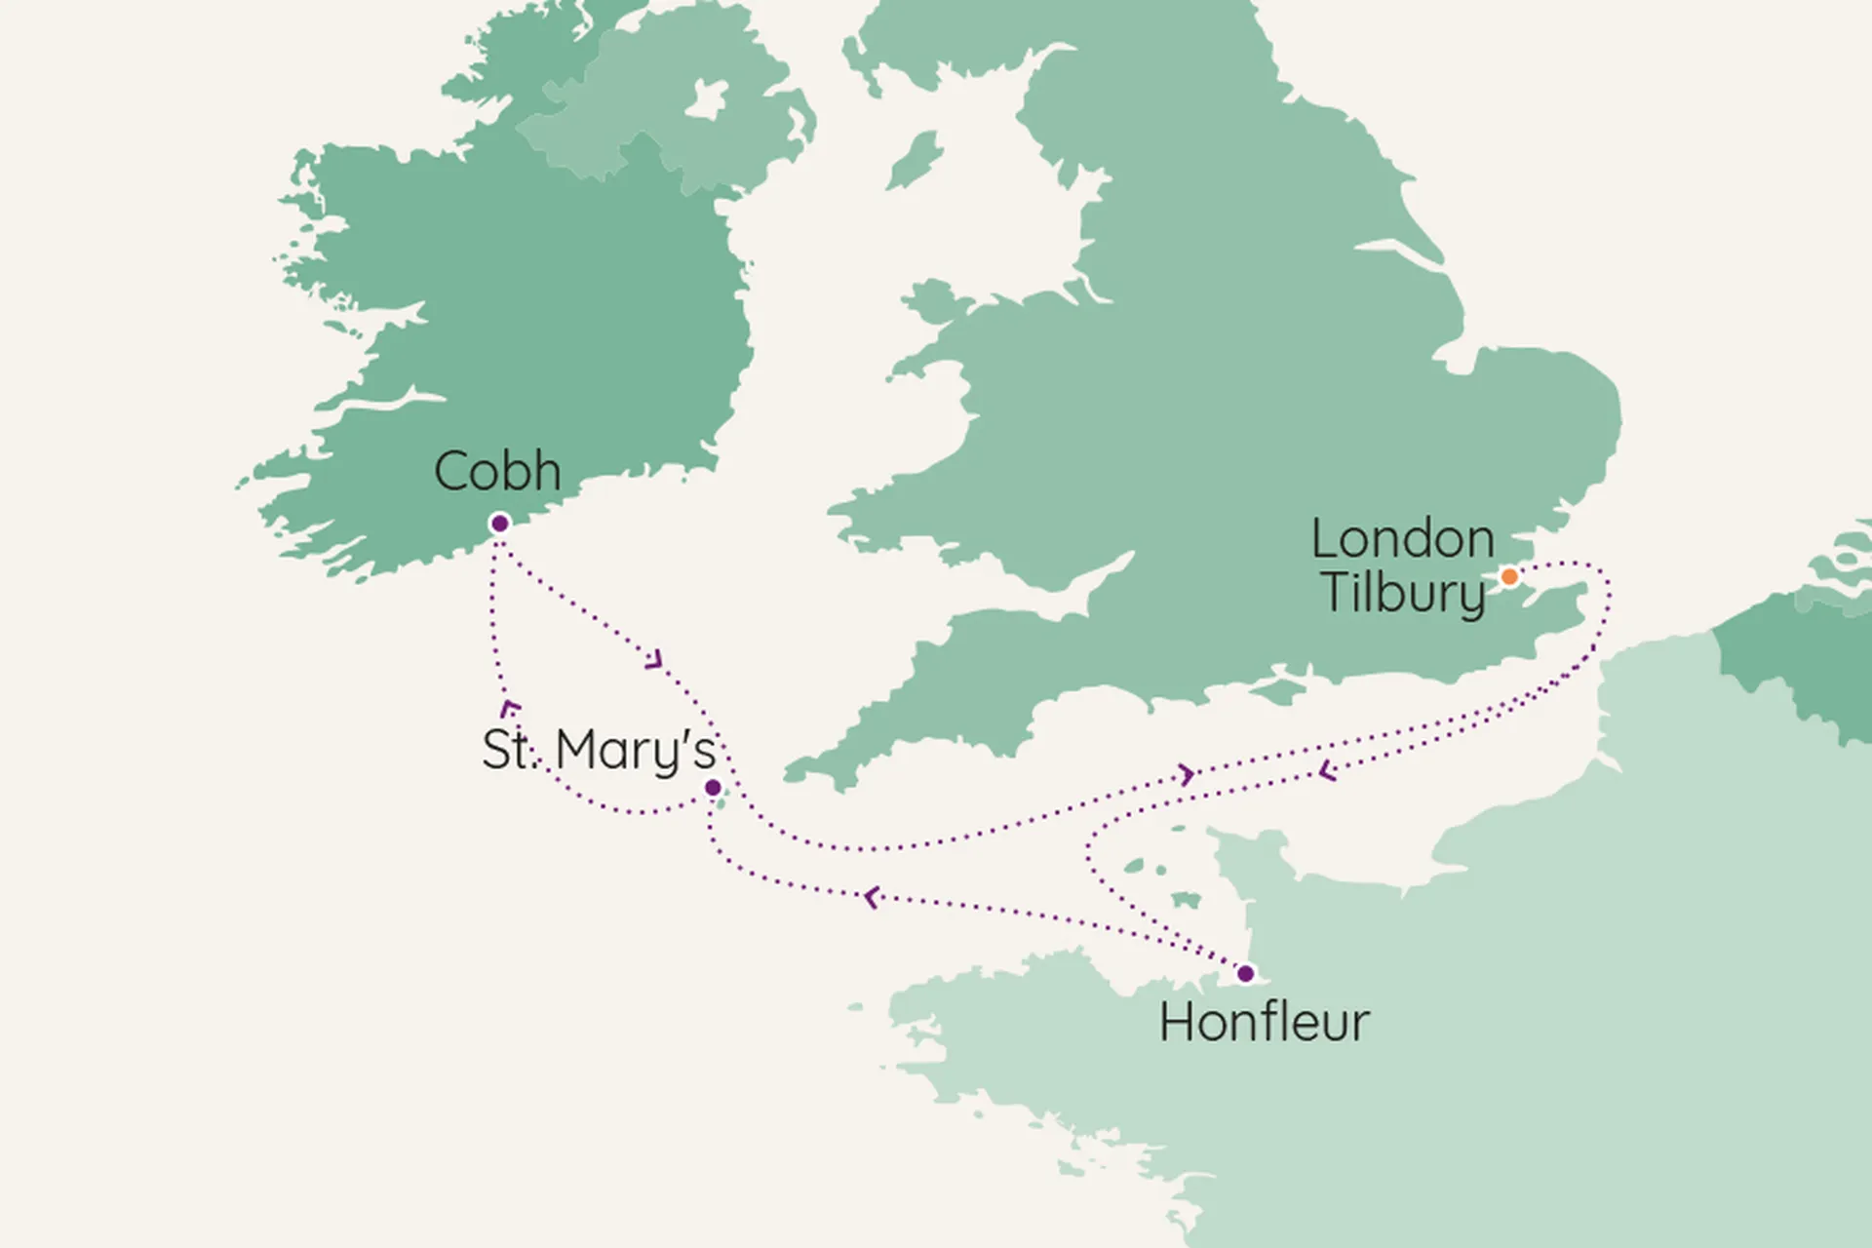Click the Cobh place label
[497, 472]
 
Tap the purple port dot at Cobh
[500, 524]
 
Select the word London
[1403, 539]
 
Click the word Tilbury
[1403, 592]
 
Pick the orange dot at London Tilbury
[1509, 576]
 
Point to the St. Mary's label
[599, 750]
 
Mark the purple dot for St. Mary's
[713, 788]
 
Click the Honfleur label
[1264, 1023]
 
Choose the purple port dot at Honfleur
[1245, 973]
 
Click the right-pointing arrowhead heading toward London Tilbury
[1187, 775]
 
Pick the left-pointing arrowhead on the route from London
[1326, 771]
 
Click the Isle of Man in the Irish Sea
[915, 161]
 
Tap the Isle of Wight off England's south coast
[1279, 683]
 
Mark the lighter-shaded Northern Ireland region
[673, 107]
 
